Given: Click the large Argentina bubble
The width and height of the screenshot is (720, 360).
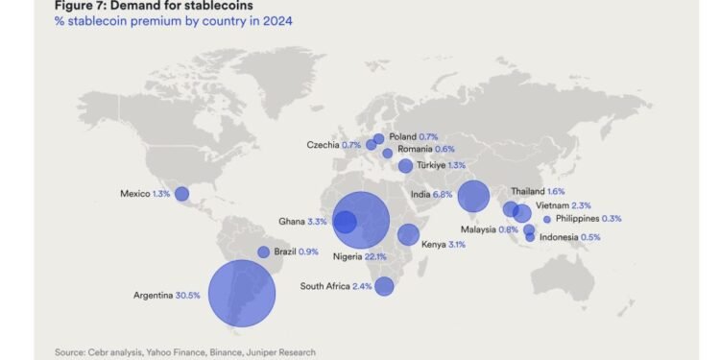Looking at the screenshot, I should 242,294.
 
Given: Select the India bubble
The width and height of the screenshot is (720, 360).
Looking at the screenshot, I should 473,196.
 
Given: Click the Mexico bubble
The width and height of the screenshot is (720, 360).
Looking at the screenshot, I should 181,194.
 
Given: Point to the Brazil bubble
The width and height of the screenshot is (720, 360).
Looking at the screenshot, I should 264,252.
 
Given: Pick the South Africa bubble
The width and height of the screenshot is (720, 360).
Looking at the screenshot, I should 384,286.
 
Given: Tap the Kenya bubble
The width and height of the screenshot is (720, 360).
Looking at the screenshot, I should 408,235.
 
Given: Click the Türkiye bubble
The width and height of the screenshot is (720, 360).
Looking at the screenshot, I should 405,166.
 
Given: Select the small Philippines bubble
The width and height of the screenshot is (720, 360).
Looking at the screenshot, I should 547,219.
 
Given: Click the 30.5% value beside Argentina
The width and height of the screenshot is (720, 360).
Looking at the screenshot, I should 188,295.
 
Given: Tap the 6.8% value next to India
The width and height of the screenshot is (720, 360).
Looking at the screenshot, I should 443,194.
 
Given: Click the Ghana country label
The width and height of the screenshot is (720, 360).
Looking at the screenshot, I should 291,222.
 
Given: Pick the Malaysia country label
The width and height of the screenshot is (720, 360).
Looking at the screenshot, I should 477,229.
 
